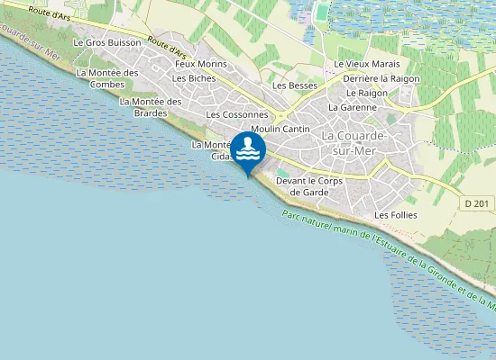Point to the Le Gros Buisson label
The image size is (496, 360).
click(107, 42)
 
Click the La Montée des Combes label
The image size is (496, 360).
click(107, 78)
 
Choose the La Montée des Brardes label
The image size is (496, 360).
click(151, 107)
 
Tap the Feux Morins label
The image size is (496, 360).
click(201, 64)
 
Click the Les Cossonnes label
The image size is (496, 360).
click(237, 115)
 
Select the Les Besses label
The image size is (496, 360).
click(295, 85)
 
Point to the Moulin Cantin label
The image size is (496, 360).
click(280, 130)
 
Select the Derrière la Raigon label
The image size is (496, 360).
click(381, 78)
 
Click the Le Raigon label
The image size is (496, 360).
click(366, 93)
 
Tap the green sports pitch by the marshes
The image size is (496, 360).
click(322, 13)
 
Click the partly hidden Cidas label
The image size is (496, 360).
click(221, 157)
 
